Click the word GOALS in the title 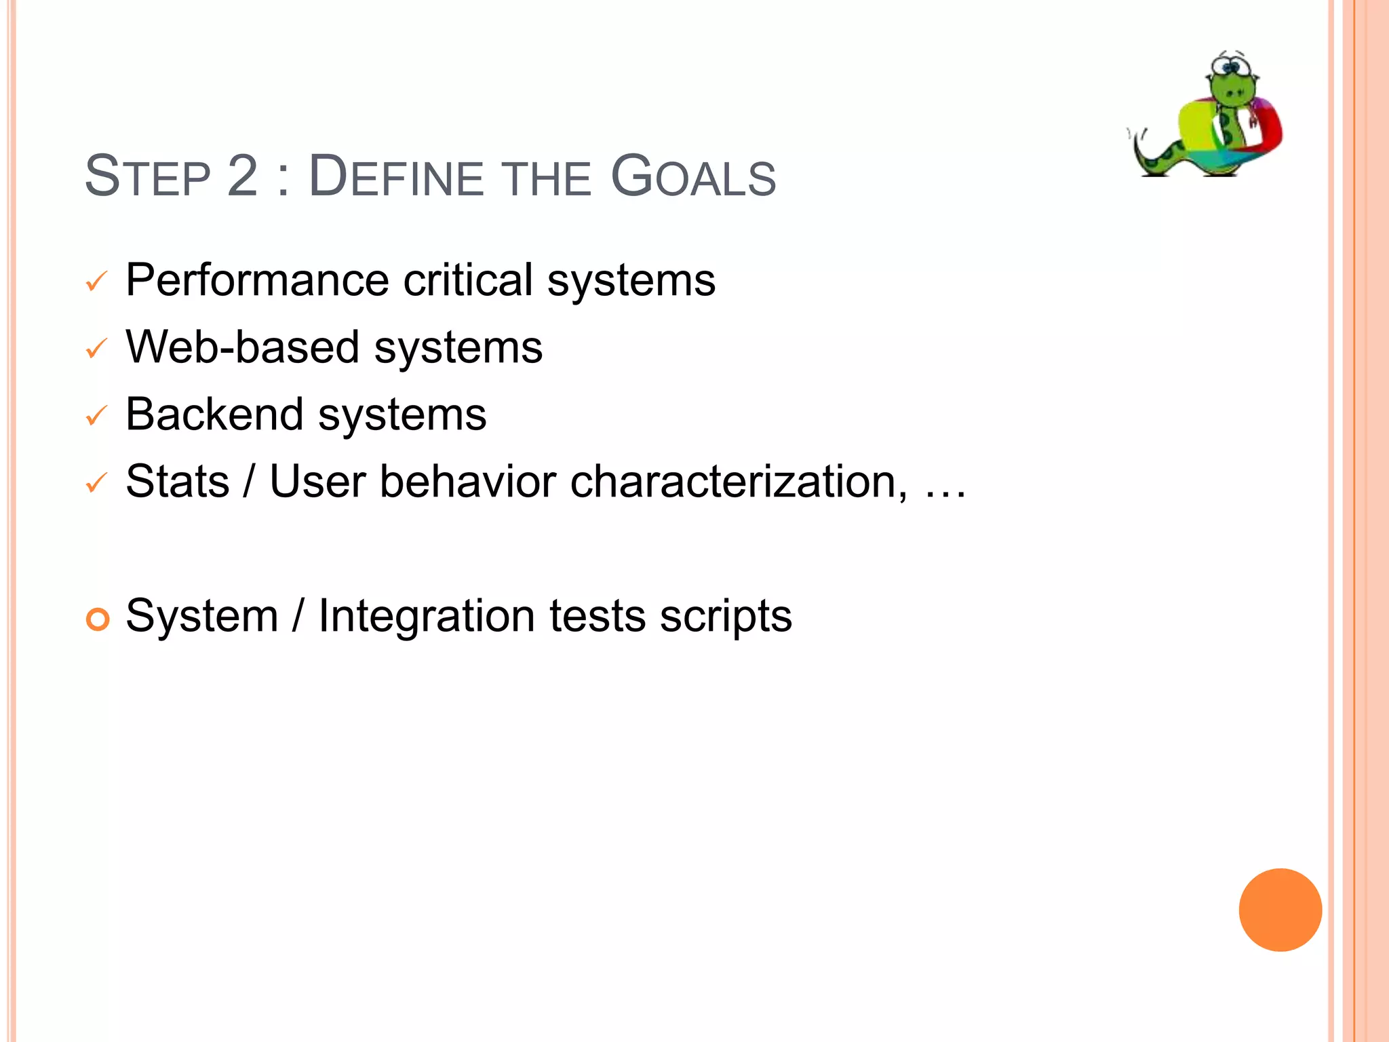[x=693, y=177]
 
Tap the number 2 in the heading [x=243, y=177]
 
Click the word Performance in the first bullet [x=257, y=280]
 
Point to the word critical [x=468, y=280]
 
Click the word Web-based [x=242, y=347]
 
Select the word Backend [x=214, y=414]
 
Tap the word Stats [x=178, y=482]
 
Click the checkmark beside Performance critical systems [x=97, y=282]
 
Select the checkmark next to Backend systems [x=97, y=416]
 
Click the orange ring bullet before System [x=98, y=619]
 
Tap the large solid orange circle [x=1280, y=910]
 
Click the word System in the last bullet [x=202, y=616]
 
